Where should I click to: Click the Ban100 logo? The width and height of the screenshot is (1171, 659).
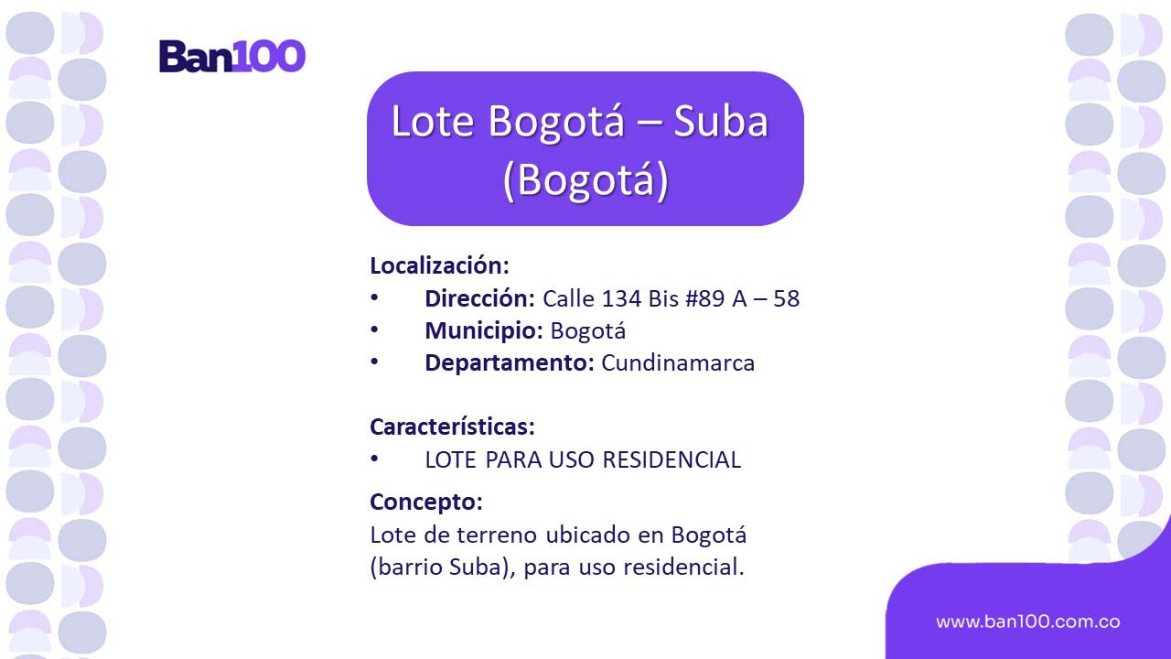[232, 56]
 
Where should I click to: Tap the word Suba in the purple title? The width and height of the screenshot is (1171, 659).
[721, 122]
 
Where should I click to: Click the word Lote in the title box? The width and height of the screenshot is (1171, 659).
[433, 122]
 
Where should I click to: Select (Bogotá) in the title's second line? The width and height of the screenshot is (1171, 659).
[585, 178]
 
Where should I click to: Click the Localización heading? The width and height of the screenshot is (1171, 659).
[439, 265]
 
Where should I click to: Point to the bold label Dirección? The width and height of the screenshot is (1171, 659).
[479, 298]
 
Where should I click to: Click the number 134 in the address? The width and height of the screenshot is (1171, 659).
[621, 298]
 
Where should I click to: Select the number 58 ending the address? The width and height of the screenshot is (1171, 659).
[786, 298]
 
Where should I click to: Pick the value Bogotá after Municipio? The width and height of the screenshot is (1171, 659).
[587, 331]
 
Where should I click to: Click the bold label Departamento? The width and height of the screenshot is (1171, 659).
[510, 363]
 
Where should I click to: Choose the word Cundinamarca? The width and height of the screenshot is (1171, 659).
[678, 363]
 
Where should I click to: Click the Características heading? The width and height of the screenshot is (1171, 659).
[452, 427]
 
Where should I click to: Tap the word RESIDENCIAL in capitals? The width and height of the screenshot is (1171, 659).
[671, 459]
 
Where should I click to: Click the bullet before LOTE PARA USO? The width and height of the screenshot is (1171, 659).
[374, 459]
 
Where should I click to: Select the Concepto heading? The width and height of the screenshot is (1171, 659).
[426, 502]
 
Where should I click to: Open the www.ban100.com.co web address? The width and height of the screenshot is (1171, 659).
[1027, 621]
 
